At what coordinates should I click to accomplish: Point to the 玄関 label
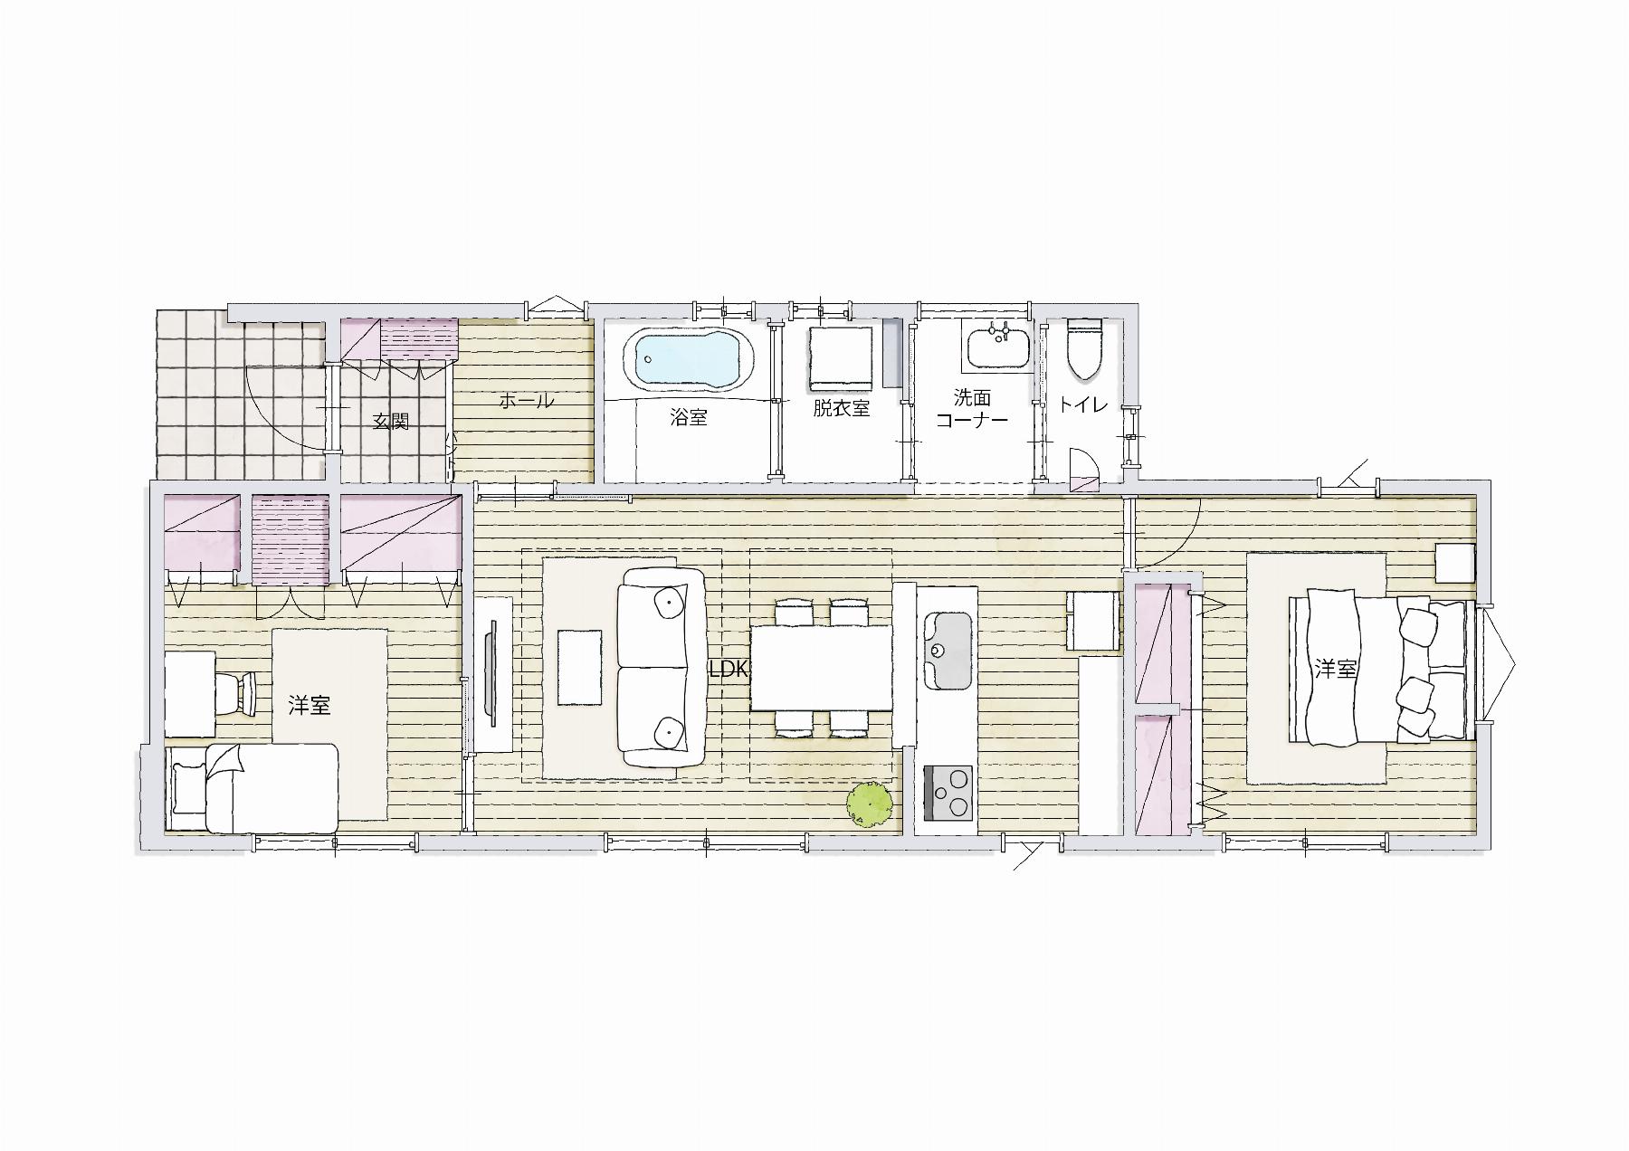click(391, 422)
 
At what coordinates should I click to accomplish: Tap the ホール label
click(526, 401)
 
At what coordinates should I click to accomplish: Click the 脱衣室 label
click(841, 408)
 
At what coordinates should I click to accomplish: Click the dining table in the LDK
click(822, 668)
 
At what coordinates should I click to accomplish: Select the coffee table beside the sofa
click(579, 667)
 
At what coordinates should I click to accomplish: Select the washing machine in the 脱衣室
click(841, 358)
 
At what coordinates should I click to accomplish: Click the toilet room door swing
click(1082, 469)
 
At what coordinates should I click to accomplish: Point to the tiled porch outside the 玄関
click(242, 395)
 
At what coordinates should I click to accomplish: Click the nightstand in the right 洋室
click(1455, 564)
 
